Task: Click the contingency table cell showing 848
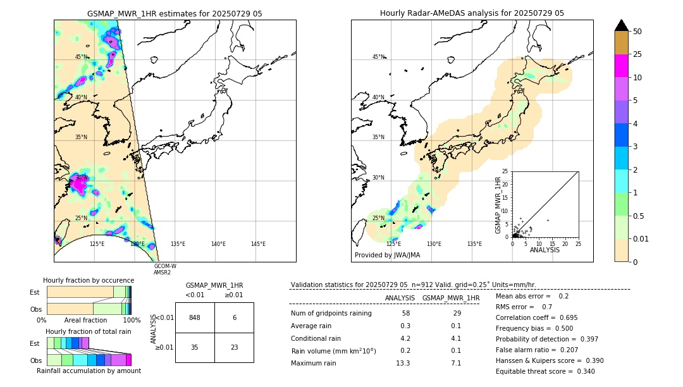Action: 195,317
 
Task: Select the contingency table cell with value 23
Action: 234,347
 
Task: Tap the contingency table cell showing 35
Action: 195,347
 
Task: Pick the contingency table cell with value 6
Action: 234,317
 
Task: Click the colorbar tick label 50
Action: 637,31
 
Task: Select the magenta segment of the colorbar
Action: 622,66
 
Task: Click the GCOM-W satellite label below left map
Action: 165,266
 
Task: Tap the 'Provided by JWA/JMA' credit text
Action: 387,255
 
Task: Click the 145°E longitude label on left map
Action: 258,244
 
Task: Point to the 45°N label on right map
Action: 378,57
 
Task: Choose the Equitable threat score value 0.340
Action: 582,371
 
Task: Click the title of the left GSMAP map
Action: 175,13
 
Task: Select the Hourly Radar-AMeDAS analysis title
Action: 472,13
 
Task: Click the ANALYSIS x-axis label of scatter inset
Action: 545,250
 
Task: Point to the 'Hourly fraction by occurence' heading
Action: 89,280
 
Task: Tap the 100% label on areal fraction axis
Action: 132,321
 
